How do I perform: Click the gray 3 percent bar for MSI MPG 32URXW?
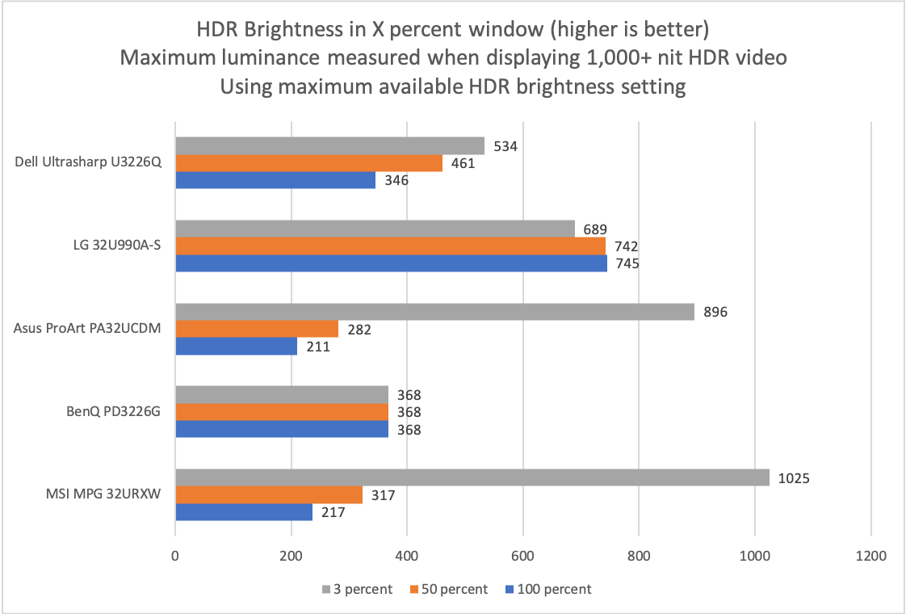tap(472, 478)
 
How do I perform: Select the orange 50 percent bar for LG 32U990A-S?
tap(390, 246)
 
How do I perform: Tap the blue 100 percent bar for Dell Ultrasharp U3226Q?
tap(275, 180)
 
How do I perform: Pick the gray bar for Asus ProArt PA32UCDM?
tap(434, 312)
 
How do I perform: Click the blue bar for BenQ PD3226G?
tap(282, 429)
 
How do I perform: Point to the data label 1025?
tap(793, 478)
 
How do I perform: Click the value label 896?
tap(715, 312)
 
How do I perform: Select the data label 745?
tap(627, 263)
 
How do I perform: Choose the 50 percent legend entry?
tap(450, 589)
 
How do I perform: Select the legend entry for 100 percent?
tap(553, 589)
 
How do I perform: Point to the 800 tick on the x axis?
tap(639, 557)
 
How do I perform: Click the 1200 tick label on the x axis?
tap(870, 557)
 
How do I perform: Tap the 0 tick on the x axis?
tap(175, 557)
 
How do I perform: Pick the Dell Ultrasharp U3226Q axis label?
tap(89, 162)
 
